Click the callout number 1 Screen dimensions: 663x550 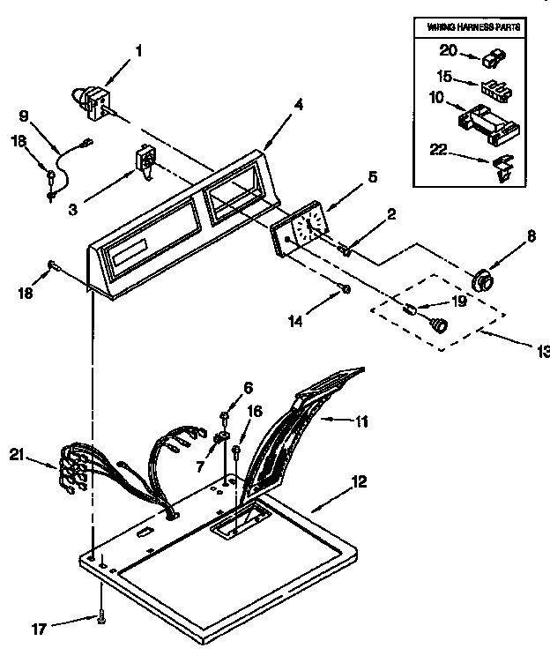tap(137, 52)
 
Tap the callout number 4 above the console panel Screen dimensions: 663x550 tap(299, 105)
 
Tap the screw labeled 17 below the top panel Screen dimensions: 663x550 tap(103, 621)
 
